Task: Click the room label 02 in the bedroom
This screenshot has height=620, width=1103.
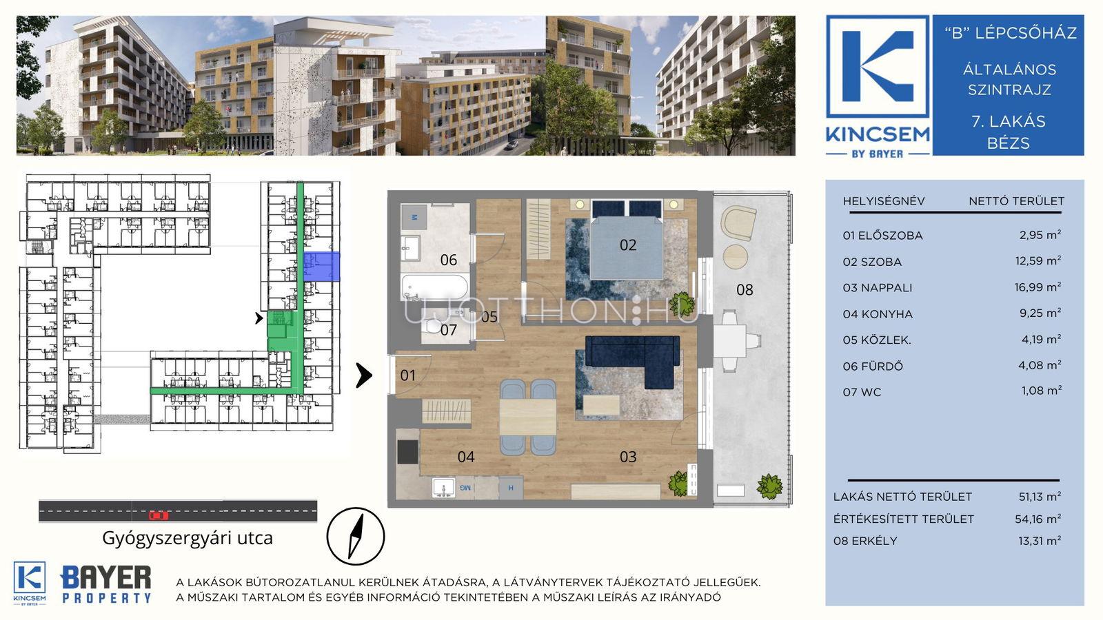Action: click(x=628, y=245)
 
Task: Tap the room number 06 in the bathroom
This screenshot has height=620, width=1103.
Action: click(x=449, y=260)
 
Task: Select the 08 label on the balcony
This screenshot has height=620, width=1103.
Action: click(x=745, y=290)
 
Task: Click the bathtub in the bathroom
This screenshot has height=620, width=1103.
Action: click(x=435, y=288)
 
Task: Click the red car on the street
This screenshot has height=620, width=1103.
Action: click(x=159, y=515)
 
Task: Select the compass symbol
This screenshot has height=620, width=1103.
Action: click(x=356, y=536)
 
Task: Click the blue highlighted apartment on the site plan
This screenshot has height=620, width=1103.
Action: click(x=321, y=267)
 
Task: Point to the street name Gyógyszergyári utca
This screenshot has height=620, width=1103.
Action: click(x=187, y=538)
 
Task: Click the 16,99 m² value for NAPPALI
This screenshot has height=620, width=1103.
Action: click(x=1038, y=287)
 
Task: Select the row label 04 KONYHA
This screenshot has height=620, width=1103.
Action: click(x=878, y=314)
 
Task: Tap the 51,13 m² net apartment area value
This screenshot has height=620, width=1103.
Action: click(x=1040, y=497)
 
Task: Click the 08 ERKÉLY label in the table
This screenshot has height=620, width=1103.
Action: click(x=865, y=541)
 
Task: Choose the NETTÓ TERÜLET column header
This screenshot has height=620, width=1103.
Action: click(x=1016, y=200)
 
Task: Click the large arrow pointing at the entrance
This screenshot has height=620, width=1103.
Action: click(x=364, y=375)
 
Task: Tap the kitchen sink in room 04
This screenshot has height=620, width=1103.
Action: click(x=443, y=488)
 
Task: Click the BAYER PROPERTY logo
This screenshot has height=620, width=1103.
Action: click(x=106, y=584)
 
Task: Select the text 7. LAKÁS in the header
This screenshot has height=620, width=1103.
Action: click(x=1008, y=121)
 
